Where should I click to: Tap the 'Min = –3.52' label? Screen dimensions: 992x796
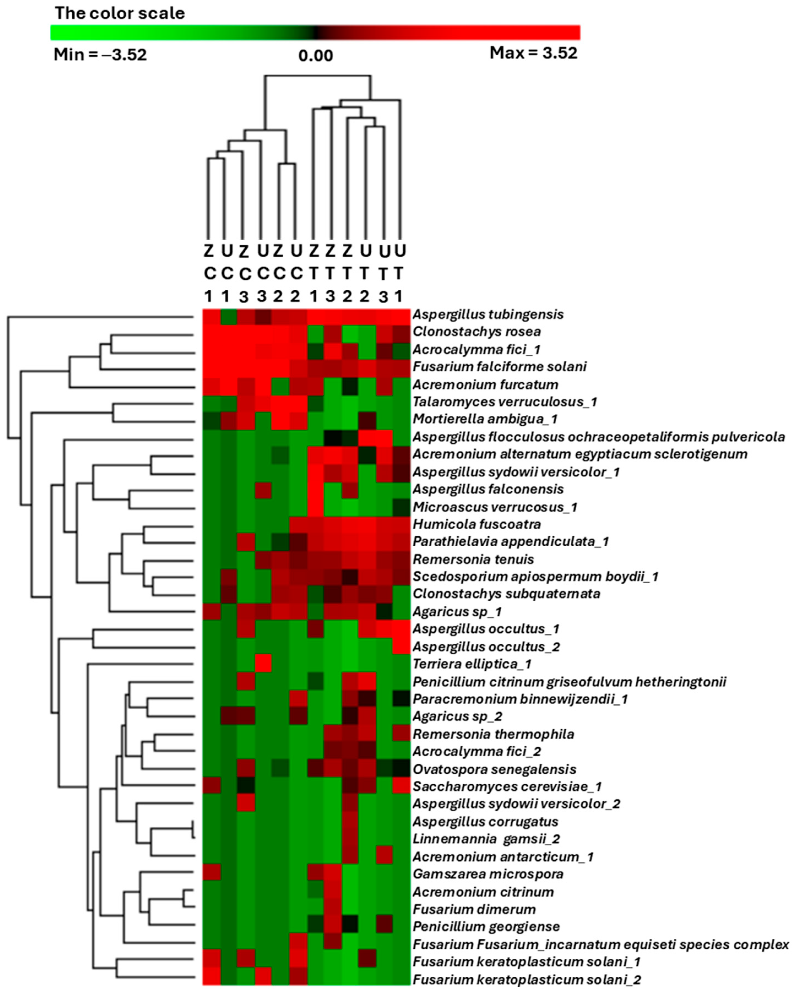point(100,55)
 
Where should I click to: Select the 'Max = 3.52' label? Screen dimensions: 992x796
point(533,53)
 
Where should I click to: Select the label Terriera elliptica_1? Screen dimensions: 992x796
point(472,664)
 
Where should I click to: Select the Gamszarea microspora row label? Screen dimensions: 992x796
point(488,874)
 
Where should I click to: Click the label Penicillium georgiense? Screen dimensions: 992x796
point(486,927)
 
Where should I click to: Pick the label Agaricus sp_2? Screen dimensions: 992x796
point(457,716)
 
